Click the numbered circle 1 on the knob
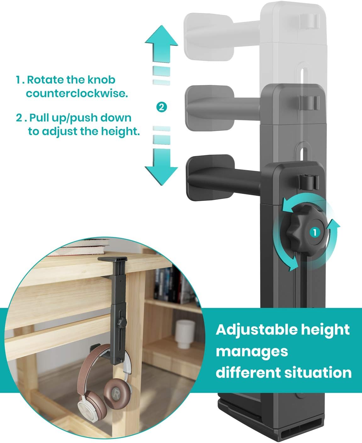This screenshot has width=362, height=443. click(x=314, y=233)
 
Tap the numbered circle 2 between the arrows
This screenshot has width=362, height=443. click(x=161, y=107)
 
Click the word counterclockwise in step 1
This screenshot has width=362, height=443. click(x=77, y=94)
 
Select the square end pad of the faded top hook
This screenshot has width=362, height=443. click(x=209, y=37)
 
